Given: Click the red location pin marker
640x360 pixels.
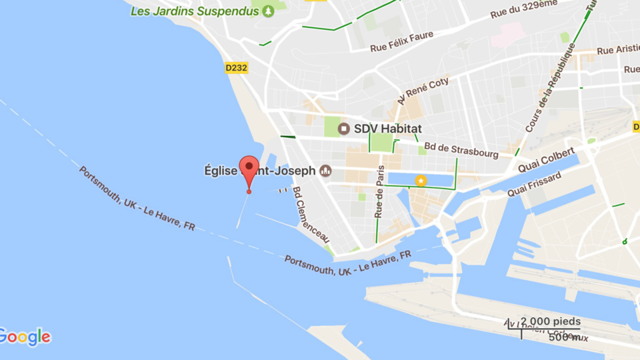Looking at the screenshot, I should (249, 169).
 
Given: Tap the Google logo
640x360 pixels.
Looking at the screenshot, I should (25, 337).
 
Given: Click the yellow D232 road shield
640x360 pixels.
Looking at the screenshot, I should (236, 67).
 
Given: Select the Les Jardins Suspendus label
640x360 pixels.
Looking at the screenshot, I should (195, 11).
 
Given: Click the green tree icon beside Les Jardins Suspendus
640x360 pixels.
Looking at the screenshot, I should (268, 11).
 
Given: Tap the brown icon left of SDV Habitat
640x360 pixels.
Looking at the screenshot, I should (344, 128).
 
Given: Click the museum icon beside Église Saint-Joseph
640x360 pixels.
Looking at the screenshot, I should (326, 171).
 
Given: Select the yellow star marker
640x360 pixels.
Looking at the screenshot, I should (421, 180).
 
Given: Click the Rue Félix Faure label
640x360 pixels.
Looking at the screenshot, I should (402, 41).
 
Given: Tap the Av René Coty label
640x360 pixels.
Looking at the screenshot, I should (423, 91).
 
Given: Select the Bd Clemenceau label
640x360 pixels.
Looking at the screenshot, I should (311, 213).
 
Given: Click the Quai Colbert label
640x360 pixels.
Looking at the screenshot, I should (547, 161).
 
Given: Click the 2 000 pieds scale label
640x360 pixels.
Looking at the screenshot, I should (550, 321).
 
